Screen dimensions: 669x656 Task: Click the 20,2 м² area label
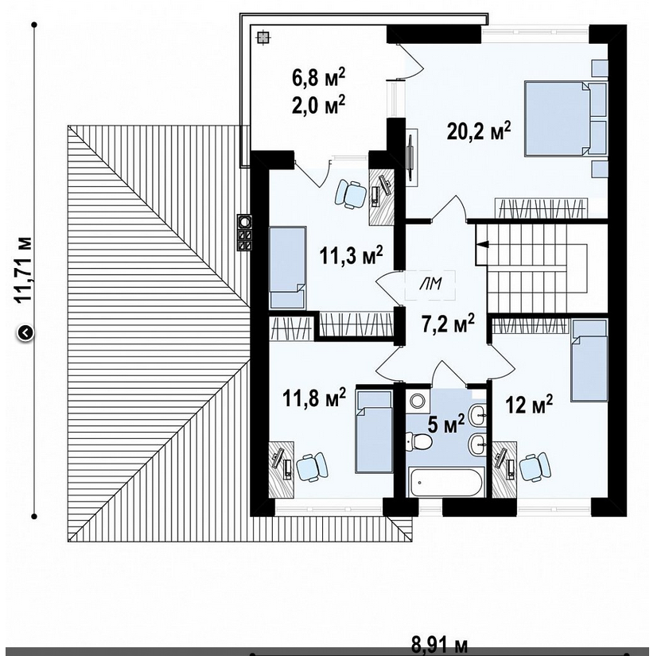pyautogui.click(x=478, y=131)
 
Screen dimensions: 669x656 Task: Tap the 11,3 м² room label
pyautogui.click(x=351, y=255)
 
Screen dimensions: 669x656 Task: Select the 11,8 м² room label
pyautogui.click(x=314, y=398)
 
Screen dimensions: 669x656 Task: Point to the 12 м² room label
pyautogui.click(x=529, y=404)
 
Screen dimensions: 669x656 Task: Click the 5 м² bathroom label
pyautogui.click(x=445, y=424)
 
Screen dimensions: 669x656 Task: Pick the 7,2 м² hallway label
pyautogui.click(x=448, y=324)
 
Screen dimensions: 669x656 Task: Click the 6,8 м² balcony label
pyautogui.click(x=318, y=79)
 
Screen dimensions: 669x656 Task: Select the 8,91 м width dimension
pyautogui.click(x=439, y=645)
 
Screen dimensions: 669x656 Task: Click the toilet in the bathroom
pyautogui.click(x=418, y=442)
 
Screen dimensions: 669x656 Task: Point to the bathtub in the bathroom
pyautogui.click(x=445, y=482)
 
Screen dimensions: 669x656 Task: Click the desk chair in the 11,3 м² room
pyautogui.click(x=352, y=194)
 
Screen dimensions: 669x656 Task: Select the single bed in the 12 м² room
pyautogui.click(x=589, y=361)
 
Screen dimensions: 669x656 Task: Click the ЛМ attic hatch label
pyautogui.click(x=430, y=284)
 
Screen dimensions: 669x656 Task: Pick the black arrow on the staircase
pyautogui.click(x=483, y=244)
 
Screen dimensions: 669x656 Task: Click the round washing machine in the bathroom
pyautogui.click(x=417, y=401)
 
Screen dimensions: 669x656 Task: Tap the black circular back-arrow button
pyautogui.click(x=25, y=333)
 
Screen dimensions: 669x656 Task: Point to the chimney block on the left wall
pyautogui.click(x=245, y=233)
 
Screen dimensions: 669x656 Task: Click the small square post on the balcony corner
pyautogui.click(x=263, y=37)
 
